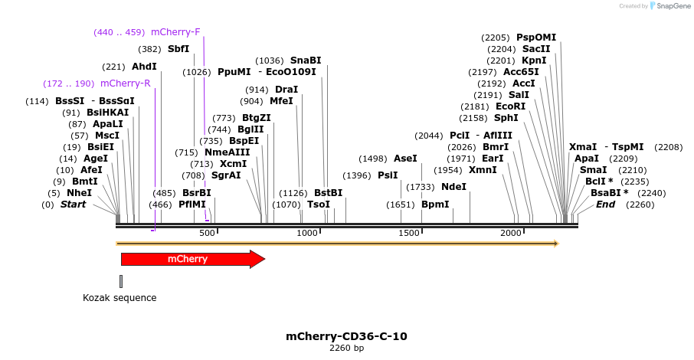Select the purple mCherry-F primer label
pos(175,32)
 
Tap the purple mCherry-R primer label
pos(125,83)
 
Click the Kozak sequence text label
pos(119,297)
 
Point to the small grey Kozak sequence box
pos(121,281)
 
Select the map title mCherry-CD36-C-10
pos(346,336)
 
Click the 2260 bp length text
pos(346,349)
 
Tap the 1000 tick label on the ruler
pos(307,233)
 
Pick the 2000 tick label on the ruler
pos(511,233)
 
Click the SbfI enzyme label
pos(178,49)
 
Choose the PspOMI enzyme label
pos(536,37)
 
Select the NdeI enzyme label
pos(453,186)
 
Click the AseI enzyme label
pos(405,158)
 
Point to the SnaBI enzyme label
pos(306,61)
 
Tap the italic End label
pos(605,205)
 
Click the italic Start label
pos(74,205)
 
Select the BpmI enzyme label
pos(435,205)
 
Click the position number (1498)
pos(373,158)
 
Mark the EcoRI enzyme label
pos(511,106)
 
